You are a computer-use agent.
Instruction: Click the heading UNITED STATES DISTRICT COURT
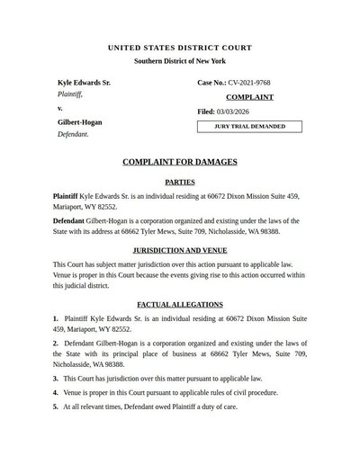coord(180,47)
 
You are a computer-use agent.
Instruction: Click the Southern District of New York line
coord(180,60)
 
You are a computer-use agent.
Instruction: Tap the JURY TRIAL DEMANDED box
coord(249,127)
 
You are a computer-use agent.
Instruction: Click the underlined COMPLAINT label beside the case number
coord(249,97)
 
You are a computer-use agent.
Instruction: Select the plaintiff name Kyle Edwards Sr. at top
coord(85,83)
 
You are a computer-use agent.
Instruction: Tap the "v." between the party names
coord(60,108)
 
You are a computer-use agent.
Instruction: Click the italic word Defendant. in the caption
coord(74,134)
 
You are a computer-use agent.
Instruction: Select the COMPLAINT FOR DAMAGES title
coord(180,162)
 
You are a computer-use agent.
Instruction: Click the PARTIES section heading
coord(180,182)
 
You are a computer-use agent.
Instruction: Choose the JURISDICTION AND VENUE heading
coord(180,249)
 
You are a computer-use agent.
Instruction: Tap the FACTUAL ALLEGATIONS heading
coord(180,305)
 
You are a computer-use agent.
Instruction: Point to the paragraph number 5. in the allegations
coord(56,407)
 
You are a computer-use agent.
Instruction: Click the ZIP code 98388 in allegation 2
coord(112,365)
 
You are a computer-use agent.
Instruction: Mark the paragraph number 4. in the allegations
coord(56,393)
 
